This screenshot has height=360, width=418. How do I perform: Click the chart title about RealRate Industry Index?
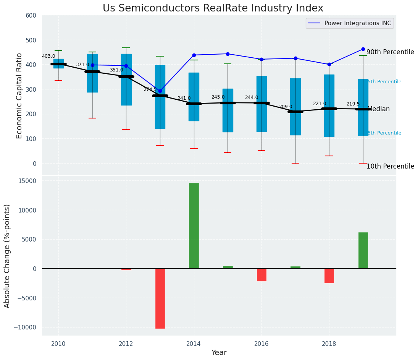coord(213,8)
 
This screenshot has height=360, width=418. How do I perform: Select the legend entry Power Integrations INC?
coord(357,23)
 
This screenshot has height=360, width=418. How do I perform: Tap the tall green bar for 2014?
coord(194,225)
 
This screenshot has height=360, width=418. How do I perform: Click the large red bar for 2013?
coord(160,298)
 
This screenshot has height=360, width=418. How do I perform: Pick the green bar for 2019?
coord(363,250)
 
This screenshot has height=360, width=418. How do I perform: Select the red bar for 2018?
coord(329,276)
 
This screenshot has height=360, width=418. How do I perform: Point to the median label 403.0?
coord(48,57)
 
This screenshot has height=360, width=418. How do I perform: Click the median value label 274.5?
coord(150,89)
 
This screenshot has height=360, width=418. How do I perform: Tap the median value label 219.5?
coord(353,104)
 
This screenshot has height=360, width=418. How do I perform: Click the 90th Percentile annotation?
coord(390,52)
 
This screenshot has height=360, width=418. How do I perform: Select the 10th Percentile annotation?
coord(390,167)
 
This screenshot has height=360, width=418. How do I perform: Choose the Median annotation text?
coord(379,109)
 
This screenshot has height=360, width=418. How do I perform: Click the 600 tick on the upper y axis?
coord(31,16)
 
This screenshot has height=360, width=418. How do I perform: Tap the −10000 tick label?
coord(25,328)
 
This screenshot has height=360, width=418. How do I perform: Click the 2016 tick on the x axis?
coord(261,344)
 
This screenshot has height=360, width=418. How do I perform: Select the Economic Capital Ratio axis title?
coord(19,95)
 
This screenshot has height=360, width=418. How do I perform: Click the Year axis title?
coord(219,353)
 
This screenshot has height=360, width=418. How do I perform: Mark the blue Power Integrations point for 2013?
coord(160,91)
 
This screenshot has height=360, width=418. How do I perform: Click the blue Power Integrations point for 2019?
coord(363,49)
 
